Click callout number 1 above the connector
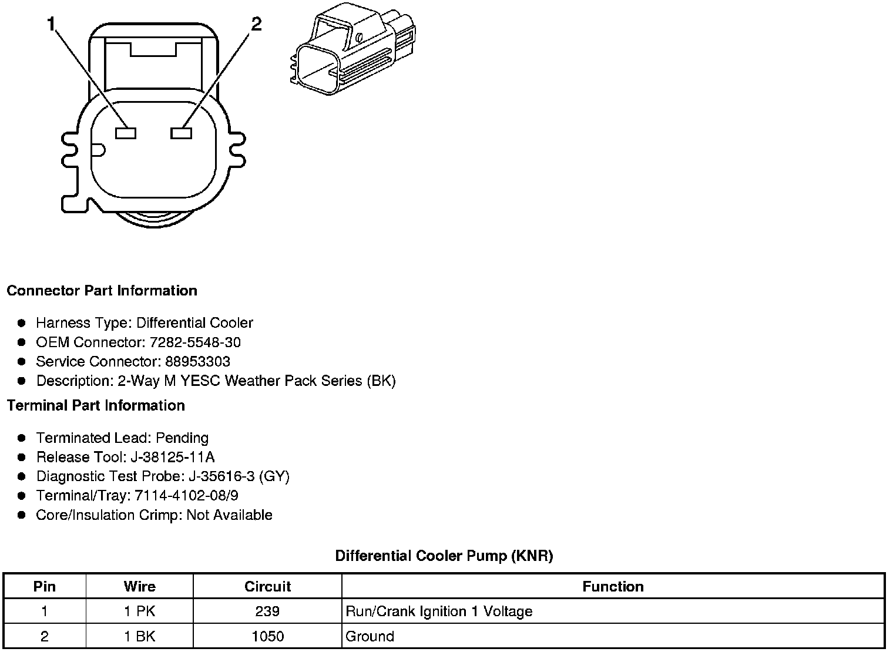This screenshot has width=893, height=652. [52, 24]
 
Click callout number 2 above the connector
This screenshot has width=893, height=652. [256, 24]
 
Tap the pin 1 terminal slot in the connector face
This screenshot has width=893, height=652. [126, 133]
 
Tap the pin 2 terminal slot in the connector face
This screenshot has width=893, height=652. [181, 133]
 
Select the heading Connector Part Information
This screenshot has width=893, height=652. [102, 291]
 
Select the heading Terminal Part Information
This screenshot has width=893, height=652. [96, 405]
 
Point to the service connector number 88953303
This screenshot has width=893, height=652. [197, 362]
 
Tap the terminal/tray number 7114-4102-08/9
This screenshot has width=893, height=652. [187, 496]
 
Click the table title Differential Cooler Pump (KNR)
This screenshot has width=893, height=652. [444, 556]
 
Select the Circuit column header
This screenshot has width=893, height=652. [267, 586]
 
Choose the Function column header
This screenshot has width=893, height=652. [613, 586]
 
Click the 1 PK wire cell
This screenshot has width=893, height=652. [140, 611]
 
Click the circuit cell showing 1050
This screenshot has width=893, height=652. [267, 636]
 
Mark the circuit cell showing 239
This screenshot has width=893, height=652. [267, 611]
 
